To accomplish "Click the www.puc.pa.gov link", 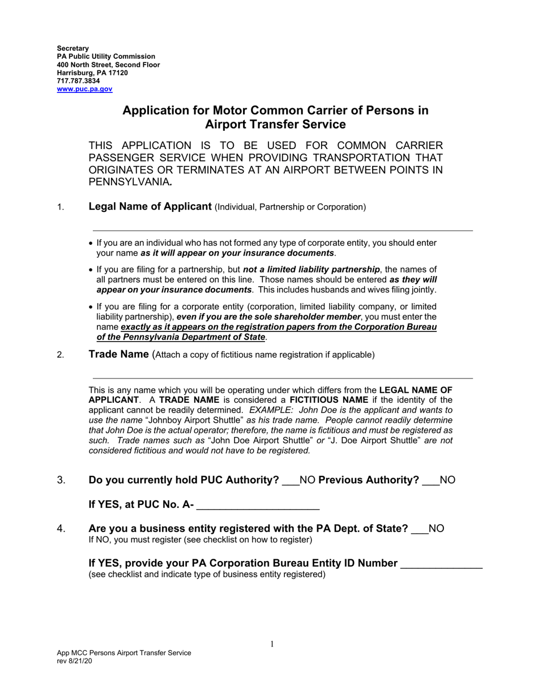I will [x=84, y=89].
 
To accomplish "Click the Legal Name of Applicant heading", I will [x=150, y=207].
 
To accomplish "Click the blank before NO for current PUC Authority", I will [x=290, y=481].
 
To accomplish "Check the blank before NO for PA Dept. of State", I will [x=420, y=529].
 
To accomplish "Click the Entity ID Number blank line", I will [x=441, y=564].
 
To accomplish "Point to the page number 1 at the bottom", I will [x=272, y=644].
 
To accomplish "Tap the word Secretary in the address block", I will [x=72, y=48].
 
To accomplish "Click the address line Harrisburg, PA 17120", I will [x=92, y=73].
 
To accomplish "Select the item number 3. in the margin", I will [x=61, y=481].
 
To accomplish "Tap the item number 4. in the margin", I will [x=61, y=529].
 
